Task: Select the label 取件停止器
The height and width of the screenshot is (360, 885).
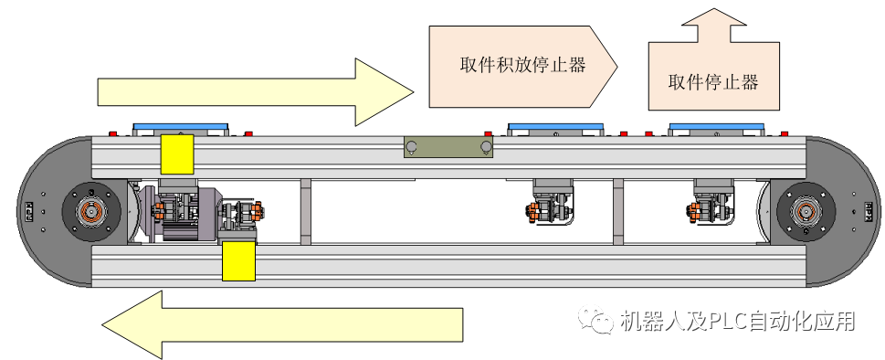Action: click(713, 82)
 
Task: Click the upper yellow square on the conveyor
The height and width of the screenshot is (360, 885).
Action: click(176, 154)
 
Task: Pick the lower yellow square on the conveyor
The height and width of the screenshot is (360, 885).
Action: click(239, 261)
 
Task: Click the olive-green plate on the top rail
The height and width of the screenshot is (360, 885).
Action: click(448, 146)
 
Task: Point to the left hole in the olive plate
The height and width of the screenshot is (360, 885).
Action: click(412, 146)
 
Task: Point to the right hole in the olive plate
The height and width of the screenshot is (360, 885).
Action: click(486, 146)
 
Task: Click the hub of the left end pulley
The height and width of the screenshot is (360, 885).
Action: click(91, 212)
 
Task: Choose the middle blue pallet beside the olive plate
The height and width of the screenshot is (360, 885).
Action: click(555, 129)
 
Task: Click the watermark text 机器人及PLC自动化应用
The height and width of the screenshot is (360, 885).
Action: click(736, 322)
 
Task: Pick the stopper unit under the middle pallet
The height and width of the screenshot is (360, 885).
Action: click(553, 203)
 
